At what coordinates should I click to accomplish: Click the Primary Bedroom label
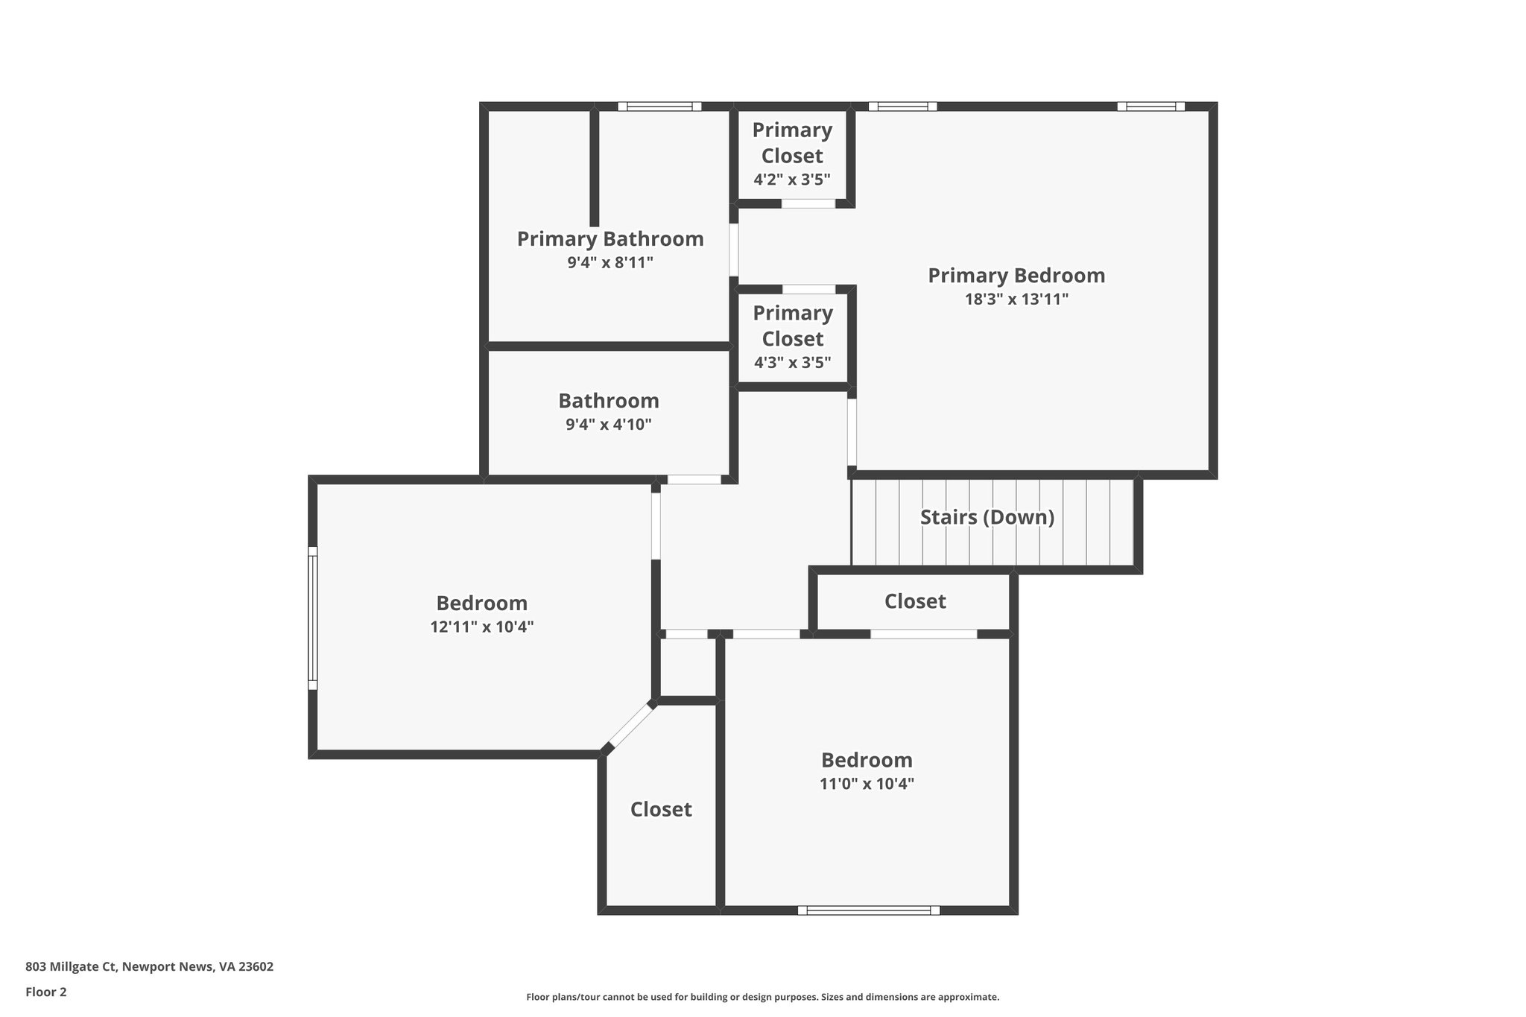point(1016,276)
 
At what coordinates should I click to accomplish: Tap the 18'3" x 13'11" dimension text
point(1016,300)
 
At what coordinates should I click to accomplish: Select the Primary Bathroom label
point(610,239)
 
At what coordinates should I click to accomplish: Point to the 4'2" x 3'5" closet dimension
point(792,180)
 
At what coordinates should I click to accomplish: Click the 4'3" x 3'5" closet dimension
point(793,363)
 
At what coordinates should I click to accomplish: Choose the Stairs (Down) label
point(987,517)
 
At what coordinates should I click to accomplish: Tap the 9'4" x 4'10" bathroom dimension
point(609,425)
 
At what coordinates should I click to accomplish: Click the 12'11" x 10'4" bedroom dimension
point(482,627)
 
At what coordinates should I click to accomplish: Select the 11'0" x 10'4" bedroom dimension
point(867,784)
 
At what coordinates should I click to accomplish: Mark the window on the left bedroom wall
point(313,618)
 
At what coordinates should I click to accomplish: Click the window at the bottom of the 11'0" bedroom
point(869,910)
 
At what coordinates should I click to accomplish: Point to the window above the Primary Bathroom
point(659,107)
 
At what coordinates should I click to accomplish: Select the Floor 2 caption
point(46,992)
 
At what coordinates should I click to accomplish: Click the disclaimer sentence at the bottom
point(762,997)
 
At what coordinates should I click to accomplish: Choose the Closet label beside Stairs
point(915,601)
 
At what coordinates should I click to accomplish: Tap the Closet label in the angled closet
point(661,809)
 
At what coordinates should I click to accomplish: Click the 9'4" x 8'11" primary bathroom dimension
point(610,262)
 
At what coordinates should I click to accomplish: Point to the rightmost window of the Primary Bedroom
point(1150,107)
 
